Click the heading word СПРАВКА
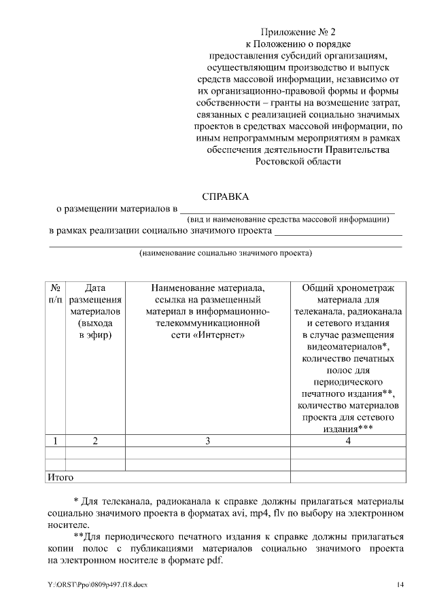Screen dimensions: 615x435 226,196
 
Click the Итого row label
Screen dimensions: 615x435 59,478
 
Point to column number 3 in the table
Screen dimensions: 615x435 207,440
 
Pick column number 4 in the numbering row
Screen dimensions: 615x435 347,440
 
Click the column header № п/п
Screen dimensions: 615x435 55,293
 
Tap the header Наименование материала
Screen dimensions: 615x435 207,287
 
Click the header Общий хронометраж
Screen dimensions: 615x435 347,287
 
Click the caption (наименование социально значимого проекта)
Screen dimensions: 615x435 225,253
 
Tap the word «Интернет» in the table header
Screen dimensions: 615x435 221,335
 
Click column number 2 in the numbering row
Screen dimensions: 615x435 95,440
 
